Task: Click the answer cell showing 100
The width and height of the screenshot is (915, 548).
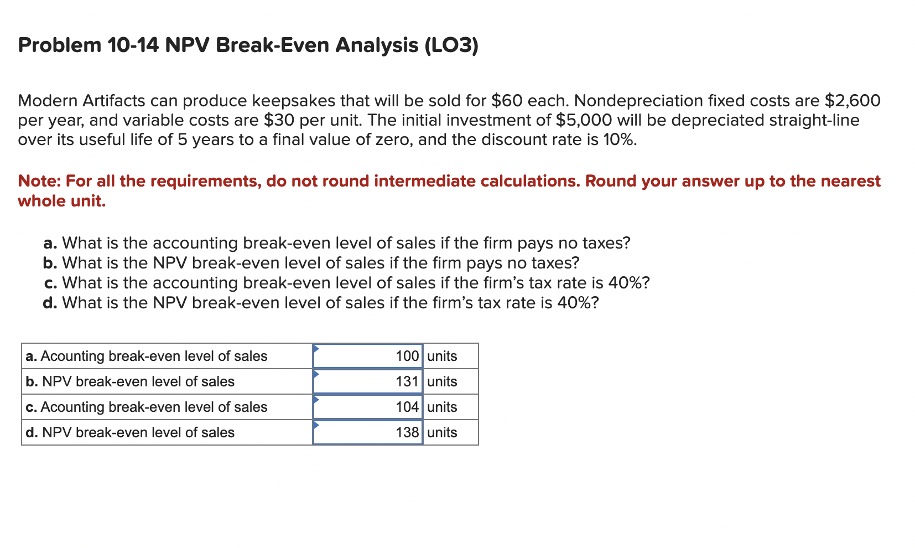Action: pyautogui.click(x=368, y=356)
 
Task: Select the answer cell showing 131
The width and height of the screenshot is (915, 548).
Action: pyautogui.click(x=368, y=381)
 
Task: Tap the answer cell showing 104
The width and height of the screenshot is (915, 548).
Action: pyautogui.click(x=368, y=407)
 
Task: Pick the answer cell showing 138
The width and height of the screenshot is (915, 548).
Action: pyautogui.click(x=368, y=432)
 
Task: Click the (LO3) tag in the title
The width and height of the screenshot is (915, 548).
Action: pyautogui.click(x=451, y=45)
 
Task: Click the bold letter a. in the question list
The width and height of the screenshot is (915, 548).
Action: pyautogui.click(x=50, y=243)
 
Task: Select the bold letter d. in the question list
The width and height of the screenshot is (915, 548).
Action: pyautogui.click(x=50, y=303)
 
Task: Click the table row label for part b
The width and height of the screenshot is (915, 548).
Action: pyautogui.click(x=131, y=381)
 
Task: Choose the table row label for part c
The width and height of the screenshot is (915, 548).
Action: pyautogui.click(x=147, y=407)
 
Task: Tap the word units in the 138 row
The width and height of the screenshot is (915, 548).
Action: pyautogui.click(x=442, y=432)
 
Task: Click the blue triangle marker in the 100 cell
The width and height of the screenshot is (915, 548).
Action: pyautogui.click(x=316, y=348)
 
